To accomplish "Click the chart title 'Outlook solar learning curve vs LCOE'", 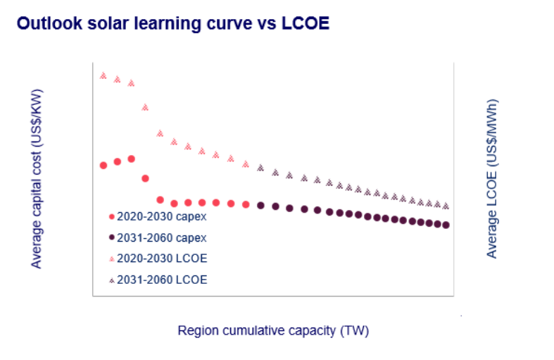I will click(x=173, y=24).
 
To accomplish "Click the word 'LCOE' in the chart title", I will click(x=306, y=24).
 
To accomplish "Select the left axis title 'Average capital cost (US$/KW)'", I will click(x=37, y=178).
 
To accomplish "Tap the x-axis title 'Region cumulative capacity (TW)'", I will click(x=273, y=330).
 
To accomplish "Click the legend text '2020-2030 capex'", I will click(x=161, y=216).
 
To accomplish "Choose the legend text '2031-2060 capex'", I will click(x=161, y=237).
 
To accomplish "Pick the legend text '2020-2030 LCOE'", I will click(x=161, y=258).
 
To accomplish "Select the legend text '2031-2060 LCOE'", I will click(x=161, y=279).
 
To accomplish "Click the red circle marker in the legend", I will click(x=111, y=216).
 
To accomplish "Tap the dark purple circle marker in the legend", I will click(x=111, y=237).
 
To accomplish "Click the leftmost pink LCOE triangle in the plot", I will click(x=103, y=75).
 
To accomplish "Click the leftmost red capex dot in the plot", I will click(x=103, y=165).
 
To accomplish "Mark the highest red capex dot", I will click(x=131, y=159).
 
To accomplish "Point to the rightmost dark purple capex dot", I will click(x=446, y=225).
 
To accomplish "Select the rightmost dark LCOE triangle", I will click(x=446, y=206).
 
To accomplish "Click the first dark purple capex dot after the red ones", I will click(x=260, y=205).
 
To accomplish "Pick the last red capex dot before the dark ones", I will click(x=246, y=204).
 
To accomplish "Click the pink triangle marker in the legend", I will click(x=111, y=259).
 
